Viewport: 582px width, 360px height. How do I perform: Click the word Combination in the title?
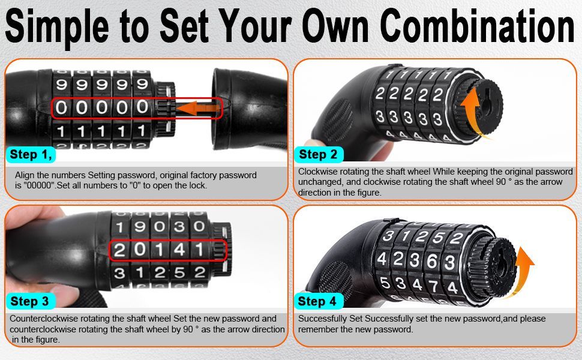(x=478, y=26)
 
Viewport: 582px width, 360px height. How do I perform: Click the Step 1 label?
(x=31, y=154)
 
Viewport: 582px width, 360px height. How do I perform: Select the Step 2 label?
(x=318, y=154)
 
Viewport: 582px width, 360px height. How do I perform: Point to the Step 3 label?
(x=29, y=301)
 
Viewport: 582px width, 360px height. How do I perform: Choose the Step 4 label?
(x=317, y=301)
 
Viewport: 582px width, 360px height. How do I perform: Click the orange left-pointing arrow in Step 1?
(x=198, y=109)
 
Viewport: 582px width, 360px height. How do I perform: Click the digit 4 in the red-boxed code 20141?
(x=179, y=250)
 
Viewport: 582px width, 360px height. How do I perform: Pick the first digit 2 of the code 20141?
(x=119, y=250)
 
